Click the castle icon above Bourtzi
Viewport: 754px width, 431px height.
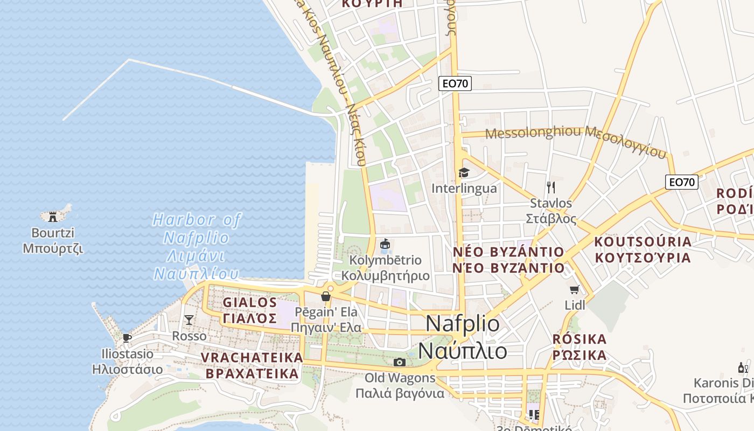point(53,217)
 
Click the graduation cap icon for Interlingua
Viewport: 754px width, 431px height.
point(464,172)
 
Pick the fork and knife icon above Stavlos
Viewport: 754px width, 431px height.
point(550,187)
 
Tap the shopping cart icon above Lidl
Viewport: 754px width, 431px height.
point(575,290)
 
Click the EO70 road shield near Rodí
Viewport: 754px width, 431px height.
point(682,182)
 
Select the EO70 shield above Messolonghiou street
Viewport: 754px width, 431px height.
point(455,84)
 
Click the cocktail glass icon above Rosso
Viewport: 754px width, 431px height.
point(188,320)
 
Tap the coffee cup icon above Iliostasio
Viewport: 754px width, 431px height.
point(127,338)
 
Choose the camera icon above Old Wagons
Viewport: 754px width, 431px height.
point(399,362)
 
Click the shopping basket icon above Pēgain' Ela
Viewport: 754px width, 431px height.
point(325,296)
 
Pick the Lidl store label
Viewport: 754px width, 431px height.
point(575,305)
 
